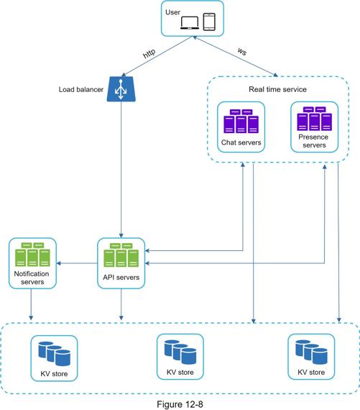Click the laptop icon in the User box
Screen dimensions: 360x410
(190, 22)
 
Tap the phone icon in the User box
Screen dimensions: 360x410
(209, 22)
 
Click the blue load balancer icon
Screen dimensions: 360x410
(121, 89)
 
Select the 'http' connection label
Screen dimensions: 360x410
(149, 53)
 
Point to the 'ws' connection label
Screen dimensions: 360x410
(242, 52)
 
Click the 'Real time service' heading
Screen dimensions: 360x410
(277, 89)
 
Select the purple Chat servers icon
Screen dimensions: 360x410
(241, 121)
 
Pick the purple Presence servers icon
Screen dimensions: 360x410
(315, 119)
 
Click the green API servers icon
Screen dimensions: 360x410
(121, 255)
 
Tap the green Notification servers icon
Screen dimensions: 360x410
(32, 254)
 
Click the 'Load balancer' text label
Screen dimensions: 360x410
(81, 89)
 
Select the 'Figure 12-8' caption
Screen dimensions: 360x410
(180, 404)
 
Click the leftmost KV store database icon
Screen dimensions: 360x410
(55, 353)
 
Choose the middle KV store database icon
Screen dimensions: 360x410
(180, 352)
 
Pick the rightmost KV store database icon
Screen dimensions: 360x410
(311, 352)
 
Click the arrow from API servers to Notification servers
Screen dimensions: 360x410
(77, 263)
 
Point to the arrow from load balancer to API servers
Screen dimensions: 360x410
(121, 170)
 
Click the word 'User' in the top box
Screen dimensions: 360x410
(172, 12)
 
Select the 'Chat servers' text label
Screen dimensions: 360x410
(241, 142)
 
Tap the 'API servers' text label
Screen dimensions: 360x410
(121, 277)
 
